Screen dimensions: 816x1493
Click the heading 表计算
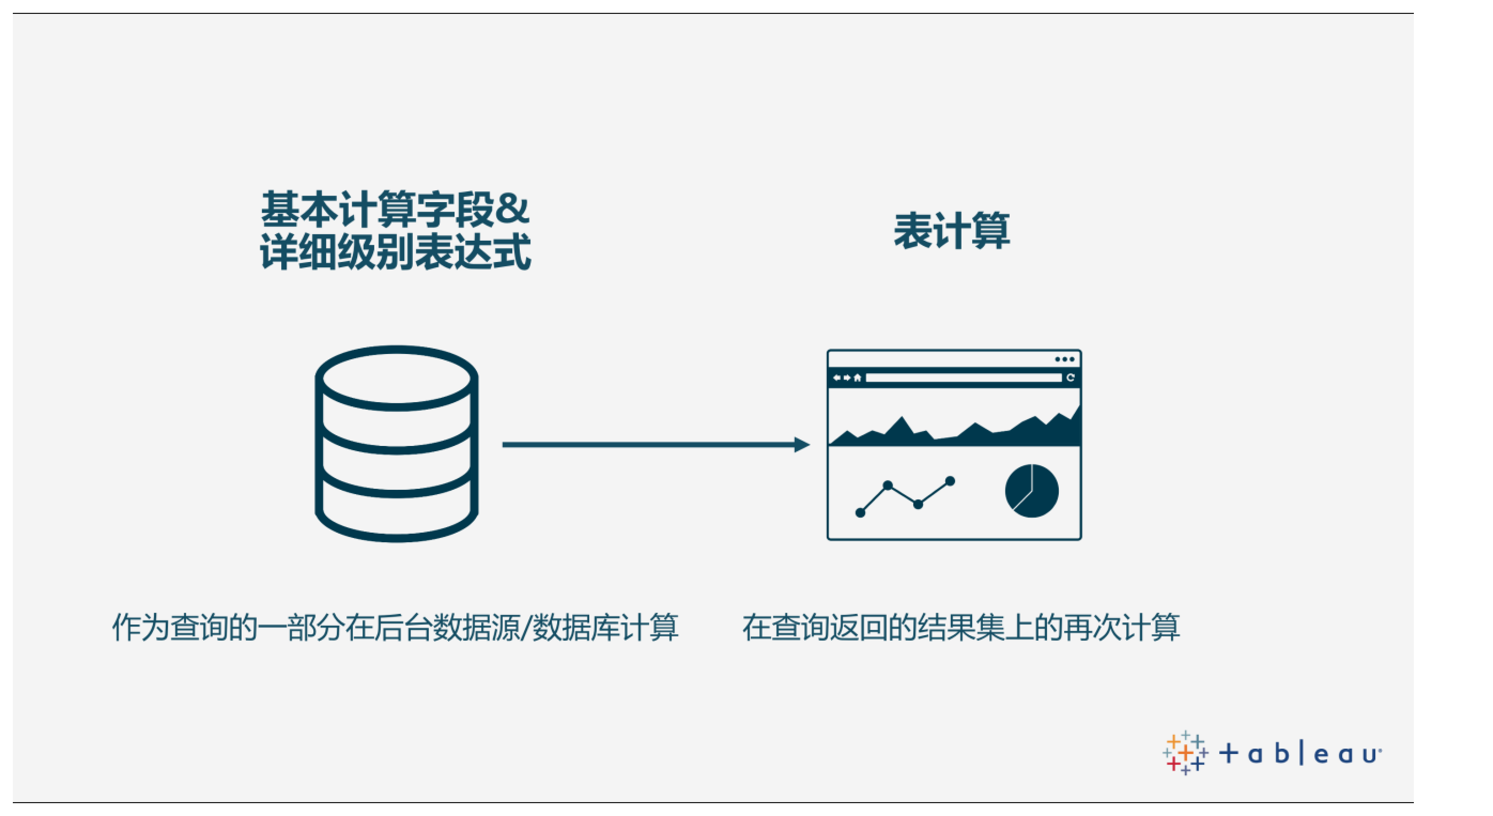click(951, 230)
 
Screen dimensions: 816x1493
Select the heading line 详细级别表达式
click(395, 251)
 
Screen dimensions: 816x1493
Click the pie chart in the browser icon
click(1032, 491)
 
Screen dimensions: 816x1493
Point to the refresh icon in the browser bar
click(1071, 378)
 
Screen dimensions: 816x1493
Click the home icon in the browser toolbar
click(857, 378)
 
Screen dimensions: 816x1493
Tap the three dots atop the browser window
click(1065, 359)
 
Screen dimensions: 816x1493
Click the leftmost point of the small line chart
click(860, 512)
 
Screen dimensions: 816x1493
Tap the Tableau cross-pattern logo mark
click(1185, 753)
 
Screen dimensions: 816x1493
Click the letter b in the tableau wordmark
click(1281, 753)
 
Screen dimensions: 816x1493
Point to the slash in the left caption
click(525, 627)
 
